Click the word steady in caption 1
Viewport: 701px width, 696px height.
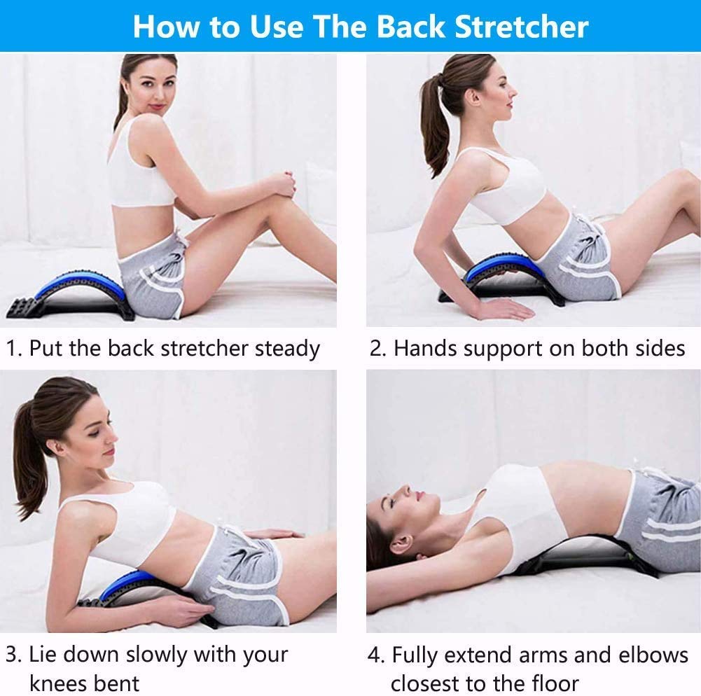[x=287, y=348]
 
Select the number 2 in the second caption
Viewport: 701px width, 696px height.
[x=376, y=348]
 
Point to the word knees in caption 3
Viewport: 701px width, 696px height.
[x=61, y=682]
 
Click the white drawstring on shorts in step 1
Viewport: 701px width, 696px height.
[x=183, y=245]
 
